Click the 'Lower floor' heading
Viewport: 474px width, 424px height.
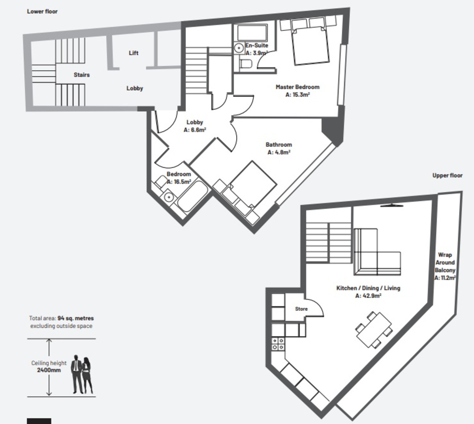tap(42, 11)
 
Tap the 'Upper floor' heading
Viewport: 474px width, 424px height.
tap(447, 175)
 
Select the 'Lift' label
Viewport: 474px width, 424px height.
tap(134, 53)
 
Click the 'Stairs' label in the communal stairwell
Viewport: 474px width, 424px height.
tap(82, 75)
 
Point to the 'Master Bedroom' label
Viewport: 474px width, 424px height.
tap(297, 87)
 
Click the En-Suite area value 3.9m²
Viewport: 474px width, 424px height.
tap(257, 53)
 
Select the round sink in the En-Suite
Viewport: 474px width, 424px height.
tap(239, 48)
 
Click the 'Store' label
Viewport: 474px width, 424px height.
tap(301, 309)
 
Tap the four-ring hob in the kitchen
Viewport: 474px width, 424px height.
tap(278, 344)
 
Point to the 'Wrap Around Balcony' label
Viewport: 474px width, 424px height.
tap(445, 263)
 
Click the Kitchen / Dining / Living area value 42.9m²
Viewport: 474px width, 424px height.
tap(368, 296)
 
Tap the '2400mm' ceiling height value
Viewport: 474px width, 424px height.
tap(49, 370)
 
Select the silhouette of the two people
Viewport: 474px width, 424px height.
tap(82, 375)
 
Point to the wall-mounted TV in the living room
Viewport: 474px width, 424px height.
tap(392, 205)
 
